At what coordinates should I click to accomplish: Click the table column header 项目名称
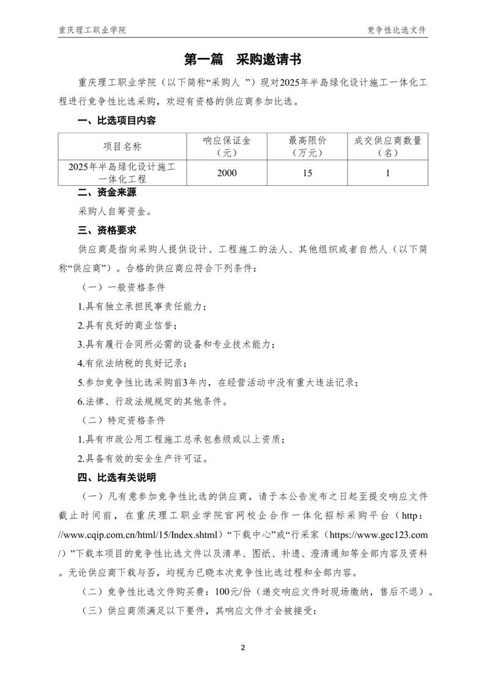[x=122, y=147]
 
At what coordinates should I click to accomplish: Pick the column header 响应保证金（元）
[x=226, y=147]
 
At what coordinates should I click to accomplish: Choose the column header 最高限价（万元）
[x=307, y=147]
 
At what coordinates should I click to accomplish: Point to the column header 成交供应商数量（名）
[x=387, y=147]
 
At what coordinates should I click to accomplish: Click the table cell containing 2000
[x=226, y=173]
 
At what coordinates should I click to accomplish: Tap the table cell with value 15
[x=307, y=173]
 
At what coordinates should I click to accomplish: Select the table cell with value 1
[x=387, y=173]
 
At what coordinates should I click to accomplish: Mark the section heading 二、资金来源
[x=107, y=193]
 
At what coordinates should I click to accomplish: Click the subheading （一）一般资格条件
[x=123, y=287]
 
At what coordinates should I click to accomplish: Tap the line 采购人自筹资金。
[x=114, y=212]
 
